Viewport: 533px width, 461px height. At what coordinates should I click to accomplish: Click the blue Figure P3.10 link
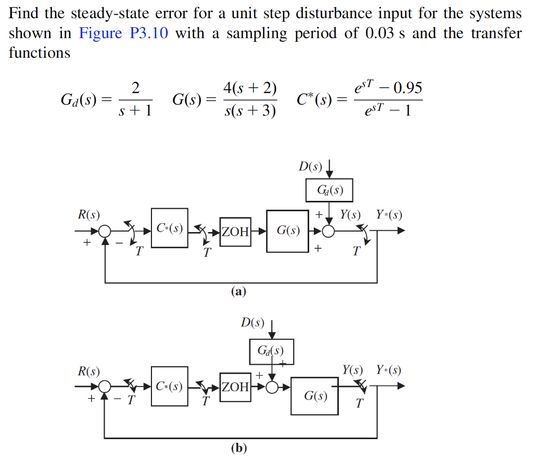[124, 34]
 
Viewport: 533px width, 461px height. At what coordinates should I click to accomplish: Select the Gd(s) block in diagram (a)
[328, 190]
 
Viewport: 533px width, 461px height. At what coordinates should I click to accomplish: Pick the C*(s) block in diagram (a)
[170, 228]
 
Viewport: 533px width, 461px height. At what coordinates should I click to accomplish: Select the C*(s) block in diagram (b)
[170, 387]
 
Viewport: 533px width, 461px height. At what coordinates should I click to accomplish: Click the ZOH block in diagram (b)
[236, 387]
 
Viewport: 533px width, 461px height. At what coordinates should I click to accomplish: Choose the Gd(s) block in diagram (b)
[271, 351]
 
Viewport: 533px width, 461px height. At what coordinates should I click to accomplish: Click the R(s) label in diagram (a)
[88, 214]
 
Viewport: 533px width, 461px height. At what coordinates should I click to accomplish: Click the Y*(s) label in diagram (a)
[389, 214]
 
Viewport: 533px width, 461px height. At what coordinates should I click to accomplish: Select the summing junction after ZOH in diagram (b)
[272, 387]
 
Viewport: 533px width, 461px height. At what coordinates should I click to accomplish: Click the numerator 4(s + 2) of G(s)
[250, 88]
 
